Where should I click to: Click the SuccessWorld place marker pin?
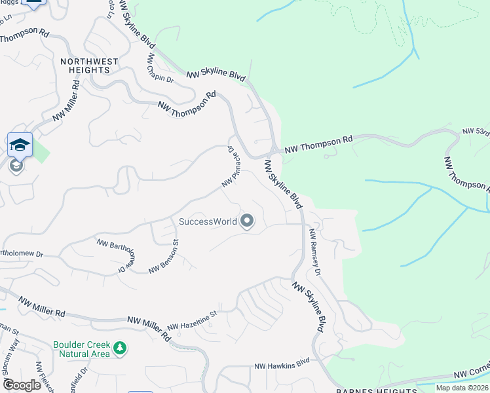coord(247,221)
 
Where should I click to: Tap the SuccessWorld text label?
coord(208,221)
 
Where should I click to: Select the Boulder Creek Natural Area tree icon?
coord(119,347)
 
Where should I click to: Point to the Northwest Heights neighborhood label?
coord(89,65)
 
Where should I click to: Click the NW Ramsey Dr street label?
coord(315,252)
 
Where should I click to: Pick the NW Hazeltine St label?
coord(192,321)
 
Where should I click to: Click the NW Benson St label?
coord(164,259)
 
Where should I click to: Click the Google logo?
coord(21,384)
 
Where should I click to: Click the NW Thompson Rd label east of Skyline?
coord(318,145)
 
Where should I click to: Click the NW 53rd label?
coord(476,132)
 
